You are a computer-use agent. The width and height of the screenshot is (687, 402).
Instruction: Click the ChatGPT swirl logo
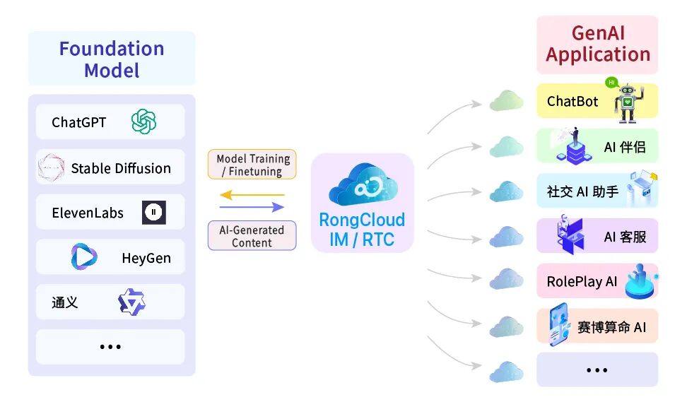(143, 122)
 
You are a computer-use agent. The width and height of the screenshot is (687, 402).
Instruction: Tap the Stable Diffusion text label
(121, 168)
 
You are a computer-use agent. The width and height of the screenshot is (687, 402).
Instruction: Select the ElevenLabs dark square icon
(154, 213)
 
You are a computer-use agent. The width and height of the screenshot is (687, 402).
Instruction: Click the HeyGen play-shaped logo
(83, 256)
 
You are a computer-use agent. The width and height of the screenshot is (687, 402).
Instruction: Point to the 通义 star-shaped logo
(131, 302)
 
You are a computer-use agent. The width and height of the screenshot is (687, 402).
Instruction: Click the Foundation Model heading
(112, 59)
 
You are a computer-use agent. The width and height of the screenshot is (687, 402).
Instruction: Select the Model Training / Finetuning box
(252, 165)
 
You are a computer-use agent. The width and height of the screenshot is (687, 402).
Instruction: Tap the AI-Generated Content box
(252, 236)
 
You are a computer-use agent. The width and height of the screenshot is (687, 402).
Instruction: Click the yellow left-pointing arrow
(252, 195)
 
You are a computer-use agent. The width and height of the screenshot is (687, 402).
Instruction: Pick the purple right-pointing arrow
(252, 207)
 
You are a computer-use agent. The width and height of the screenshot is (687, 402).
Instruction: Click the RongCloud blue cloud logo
(363, 184)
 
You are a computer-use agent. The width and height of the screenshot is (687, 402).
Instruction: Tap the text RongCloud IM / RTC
(362, 230)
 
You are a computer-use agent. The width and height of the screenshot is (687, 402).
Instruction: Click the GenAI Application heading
(598, 44)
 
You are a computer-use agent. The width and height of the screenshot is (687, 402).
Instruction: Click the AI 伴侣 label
(625, 147)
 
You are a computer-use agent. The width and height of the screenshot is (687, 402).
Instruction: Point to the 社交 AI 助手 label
(582, 191)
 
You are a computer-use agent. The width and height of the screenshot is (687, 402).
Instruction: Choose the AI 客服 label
(626, 237)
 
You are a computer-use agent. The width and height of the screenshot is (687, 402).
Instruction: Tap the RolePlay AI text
(582, 282)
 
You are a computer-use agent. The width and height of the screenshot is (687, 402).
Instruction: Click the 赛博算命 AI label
(611, 327)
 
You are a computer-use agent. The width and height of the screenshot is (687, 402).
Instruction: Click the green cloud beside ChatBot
(507, 101)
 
